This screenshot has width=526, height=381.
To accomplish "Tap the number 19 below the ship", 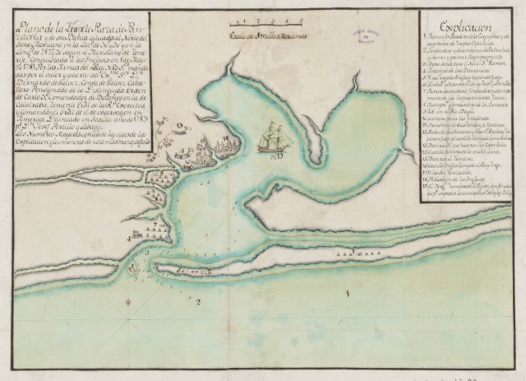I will [x=279, y=155].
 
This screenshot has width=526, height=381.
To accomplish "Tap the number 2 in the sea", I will [x=196, y=301].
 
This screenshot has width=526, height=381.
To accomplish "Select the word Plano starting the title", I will [x=40, y=30].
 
